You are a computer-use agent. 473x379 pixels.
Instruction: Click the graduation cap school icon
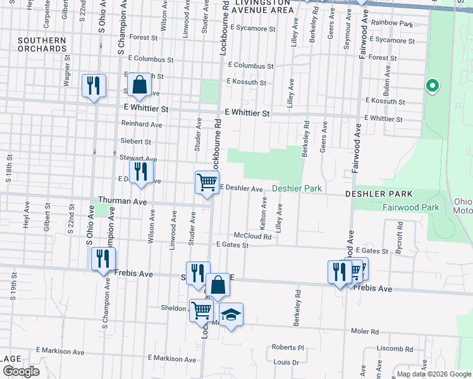231,314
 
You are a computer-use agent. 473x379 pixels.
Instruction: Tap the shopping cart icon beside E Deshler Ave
207,183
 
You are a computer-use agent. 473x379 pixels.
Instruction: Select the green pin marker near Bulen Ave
433,85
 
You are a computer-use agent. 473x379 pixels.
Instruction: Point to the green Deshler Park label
297,188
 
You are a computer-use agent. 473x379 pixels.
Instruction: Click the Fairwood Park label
410,207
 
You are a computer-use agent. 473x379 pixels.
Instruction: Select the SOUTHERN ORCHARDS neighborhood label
42,44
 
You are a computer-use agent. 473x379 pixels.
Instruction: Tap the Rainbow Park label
392,24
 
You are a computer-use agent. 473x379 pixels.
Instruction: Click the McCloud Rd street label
252,237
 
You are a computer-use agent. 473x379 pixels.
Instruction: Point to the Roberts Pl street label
288,347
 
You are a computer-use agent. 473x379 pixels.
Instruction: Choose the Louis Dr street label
286,363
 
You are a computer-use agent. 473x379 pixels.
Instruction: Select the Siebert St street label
136,142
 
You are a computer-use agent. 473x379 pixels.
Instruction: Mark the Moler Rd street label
365,331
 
